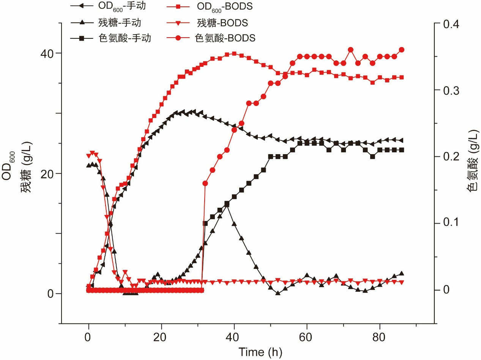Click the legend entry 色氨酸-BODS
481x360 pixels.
click(x=225, y=38)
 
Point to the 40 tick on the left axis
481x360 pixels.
click(x=49, y=53)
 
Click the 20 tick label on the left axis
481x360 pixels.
click(x=49, y=174)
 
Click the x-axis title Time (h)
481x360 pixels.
click(x=260, y=352)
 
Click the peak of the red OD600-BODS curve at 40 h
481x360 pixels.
click(x=234, y=54)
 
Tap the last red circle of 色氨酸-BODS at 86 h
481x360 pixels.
click(x=402, y=50)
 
